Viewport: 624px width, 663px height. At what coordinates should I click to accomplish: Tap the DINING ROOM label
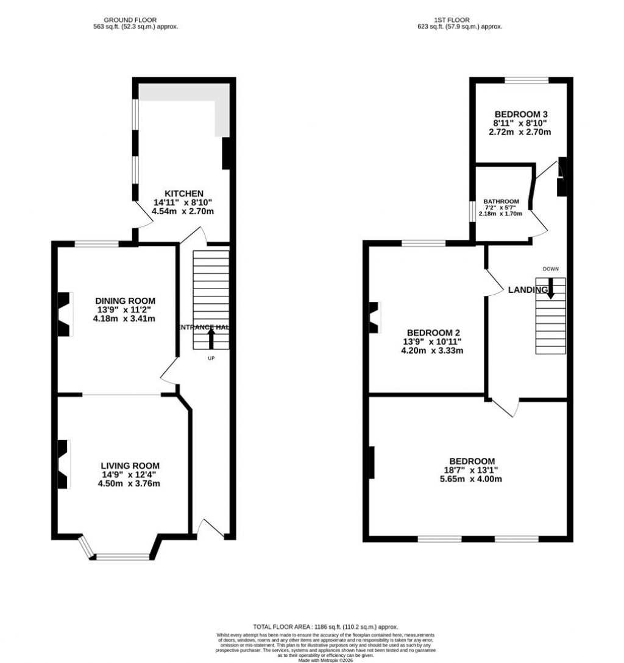pos(125,301)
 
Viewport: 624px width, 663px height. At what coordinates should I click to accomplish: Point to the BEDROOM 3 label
pos(521,114)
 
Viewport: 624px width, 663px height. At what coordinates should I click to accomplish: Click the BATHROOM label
pos(501,202)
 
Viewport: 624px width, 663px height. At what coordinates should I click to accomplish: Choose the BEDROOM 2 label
pos(433,332)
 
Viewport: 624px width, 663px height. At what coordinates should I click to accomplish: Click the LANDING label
pos(528,290)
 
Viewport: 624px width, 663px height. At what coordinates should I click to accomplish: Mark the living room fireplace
pos(63,463)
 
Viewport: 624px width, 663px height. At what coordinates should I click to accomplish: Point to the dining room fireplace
pos(63,314)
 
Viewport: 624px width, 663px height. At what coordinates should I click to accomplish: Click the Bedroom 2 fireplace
pos(374,317)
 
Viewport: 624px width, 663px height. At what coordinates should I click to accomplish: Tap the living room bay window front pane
pos(122,556)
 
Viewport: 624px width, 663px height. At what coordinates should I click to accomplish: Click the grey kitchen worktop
pos(183,91)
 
